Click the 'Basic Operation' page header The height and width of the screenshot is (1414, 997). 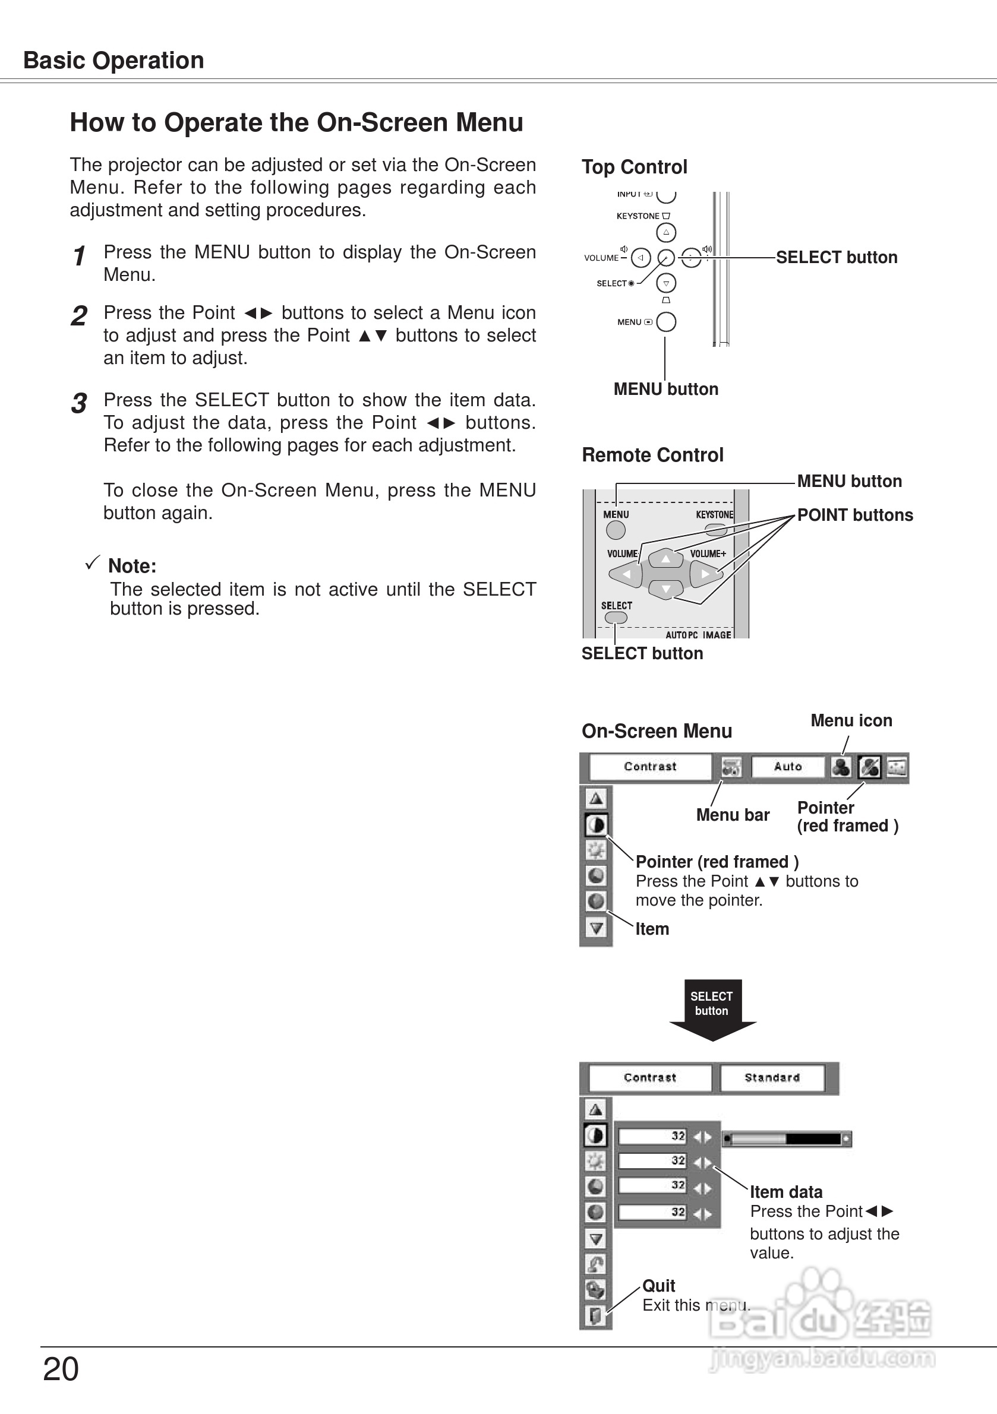click(x=113, y=61)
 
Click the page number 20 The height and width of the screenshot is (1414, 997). click(x=61, y=1369)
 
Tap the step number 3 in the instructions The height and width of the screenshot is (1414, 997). click(x=79, y=403)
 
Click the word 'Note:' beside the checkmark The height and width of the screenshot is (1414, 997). click(x=132, y=565)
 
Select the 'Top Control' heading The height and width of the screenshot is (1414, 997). click(x=634, y=167)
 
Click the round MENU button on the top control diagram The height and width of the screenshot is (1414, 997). click(x=666, y=321)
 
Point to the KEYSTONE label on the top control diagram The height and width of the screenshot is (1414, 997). click(x=638, y=216)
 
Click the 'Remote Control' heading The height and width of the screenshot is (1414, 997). click(x=652, y=454)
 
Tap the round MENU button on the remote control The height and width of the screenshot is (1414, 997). click(x=616, y=530)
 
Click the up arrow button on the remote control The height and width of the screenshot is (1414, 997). click(x=665, y=558)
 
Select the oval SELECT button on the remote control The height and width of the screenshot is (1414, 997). click(x=616, y=617)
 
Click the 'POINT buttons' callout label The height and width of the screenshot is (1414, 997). click(x=854, y=515)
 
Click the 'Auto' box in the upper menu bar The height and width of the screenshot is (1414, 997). click(x=787, y=767)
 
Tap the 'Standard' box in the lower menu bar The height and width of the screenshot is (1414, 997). click(x=771, y=1078)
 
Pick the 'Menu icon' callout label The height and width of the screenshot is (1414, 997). click(x=851, y=720)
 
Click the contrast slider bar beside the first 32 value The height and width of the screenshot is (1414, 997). click(x=786, y=1138)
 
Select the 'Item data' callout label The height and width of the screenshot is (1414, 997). click(x=785, y=1192)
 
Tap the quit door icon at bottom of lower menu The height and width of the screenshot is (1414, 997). click(x=595, y=1316)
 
